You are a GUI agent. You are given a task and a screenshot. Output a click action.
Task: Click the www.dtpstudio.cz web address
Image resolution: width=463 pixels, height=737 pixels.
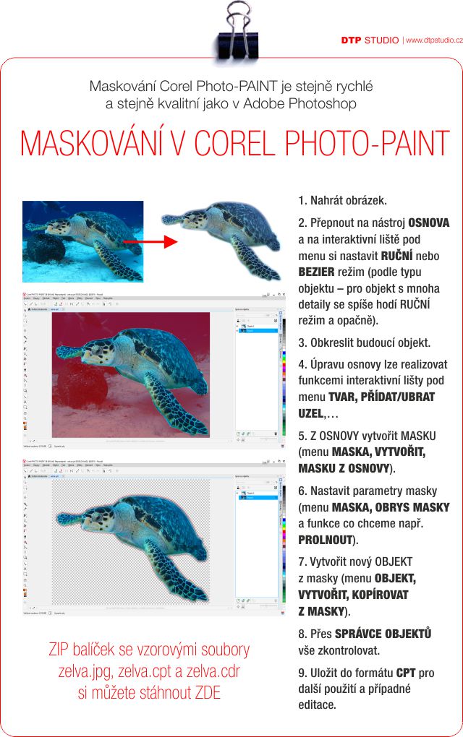coord(433,40)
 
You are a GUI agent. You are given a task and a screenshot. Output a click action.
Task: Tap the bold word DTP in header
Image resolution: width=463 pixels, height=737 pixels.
coord(351,40)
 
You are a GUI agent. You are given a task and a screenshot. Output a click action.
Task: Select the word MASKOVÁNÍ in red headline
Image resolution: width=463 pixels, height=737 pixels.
coord(94,142)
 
